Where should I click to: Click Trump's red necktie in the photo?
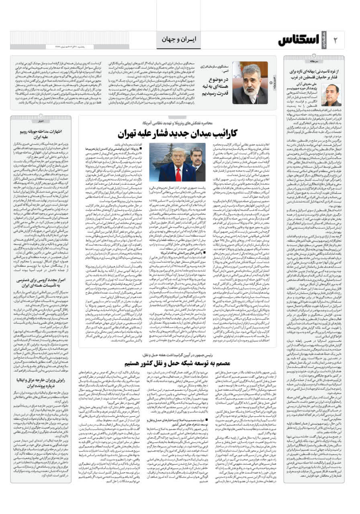coord(178,173)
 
